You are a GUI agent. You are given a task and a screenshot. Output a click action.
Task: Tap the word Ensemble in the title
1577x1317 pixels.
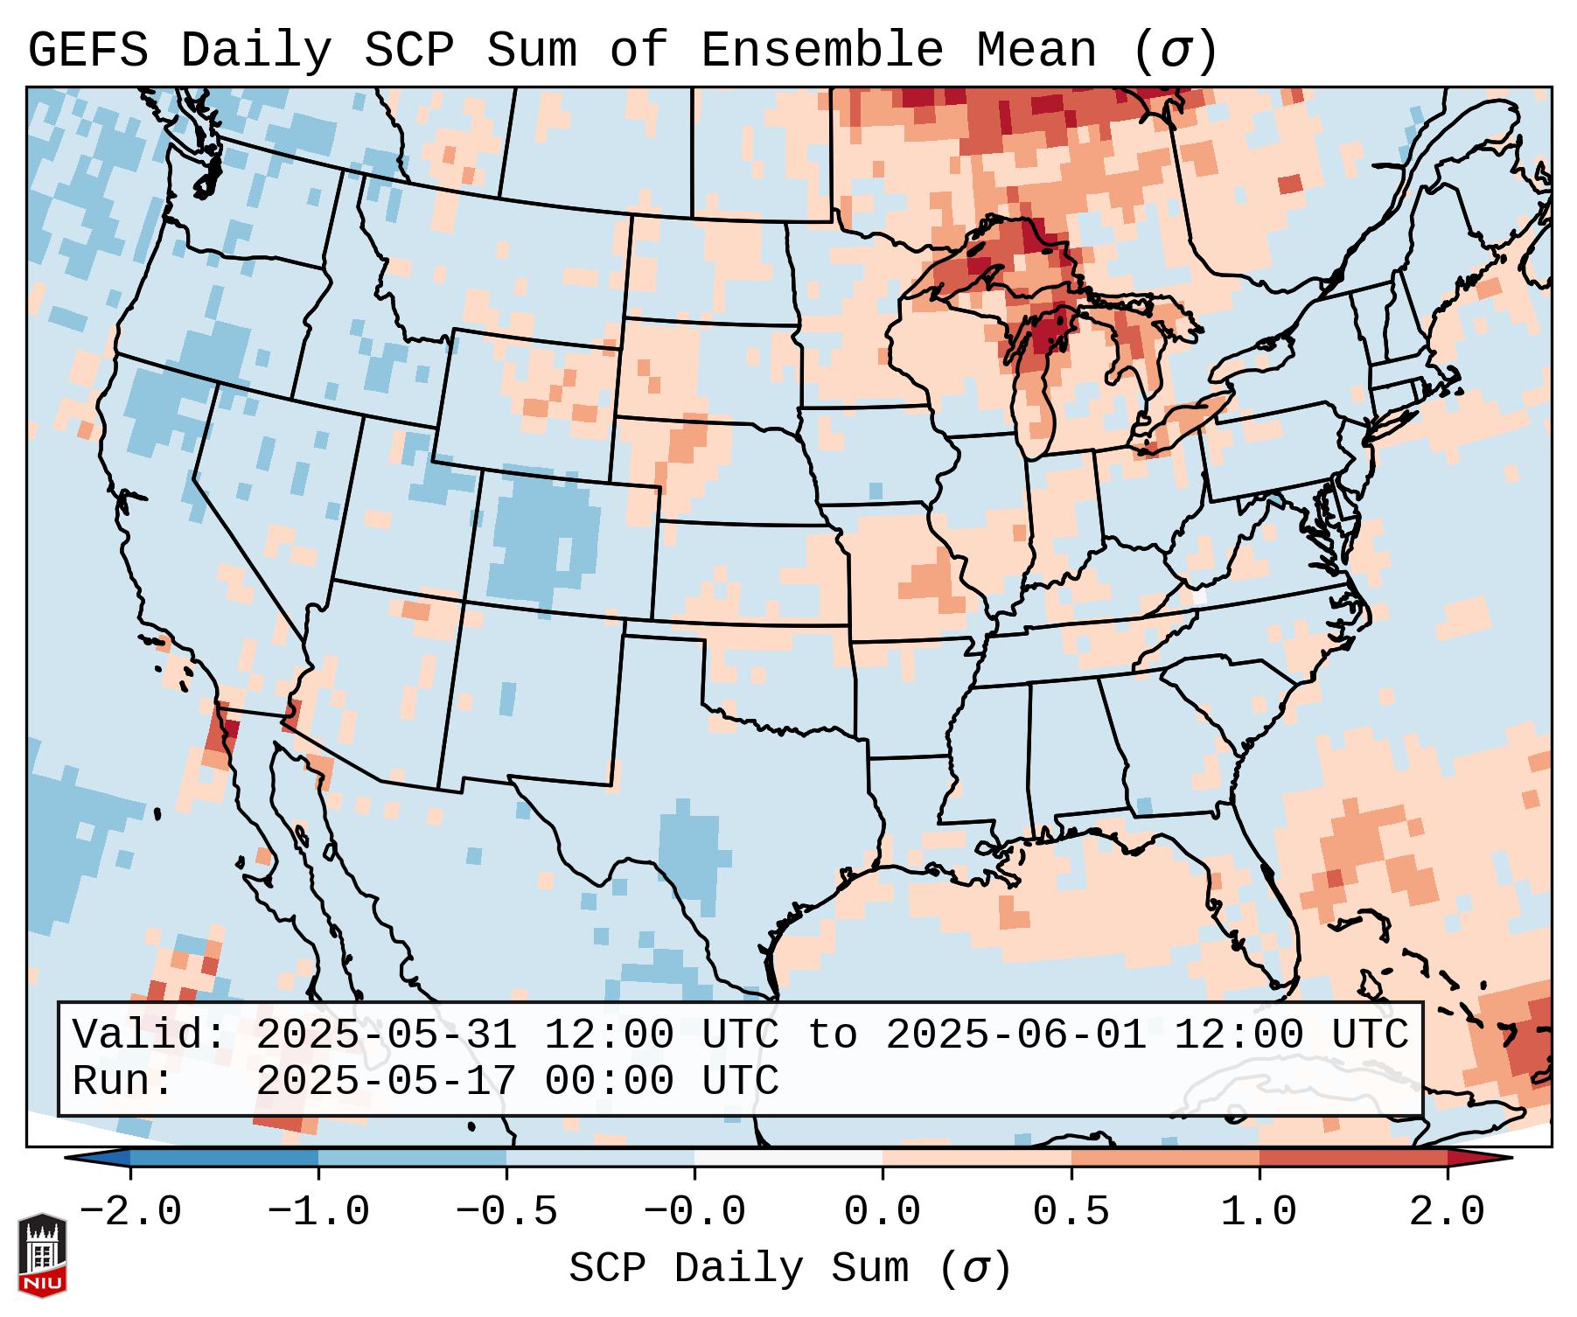[x=822, y=51]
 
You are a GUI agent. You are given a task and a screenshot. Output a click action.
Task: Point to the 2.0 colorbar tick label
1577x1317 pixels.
[x=1448, y=1212]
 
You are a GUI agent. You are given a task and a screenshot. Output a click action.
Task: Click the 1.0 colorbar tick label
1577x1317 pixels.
[x=1259, y=1212]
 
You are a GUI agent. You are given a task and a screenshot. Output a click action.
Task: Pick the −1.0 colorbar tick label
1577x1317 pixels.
[x=317, y=1212]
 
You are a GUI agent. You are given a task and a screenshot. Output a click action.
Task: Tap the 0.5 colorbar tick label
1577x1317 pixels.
[x=1071, y=1212]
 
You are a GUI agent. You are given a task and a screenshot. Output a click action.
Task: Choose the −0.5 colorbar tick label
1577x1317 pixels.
[x=506, y=1212]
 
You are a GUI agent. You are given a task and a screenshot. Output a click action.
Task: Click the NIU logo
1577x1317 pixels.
[x=42, y=1255]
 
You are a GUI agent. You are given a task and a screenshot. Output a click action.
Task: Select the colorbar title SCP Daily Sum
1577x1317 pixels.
[x=739, y=1269]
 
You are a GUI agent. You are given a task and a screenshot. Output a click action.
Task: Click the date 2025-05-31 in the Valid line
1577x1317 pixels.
[x=386, y=1035]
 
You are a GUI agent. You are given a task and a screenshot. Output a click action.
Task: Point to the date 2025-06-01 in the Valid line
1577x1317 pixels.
[x=1015, y=1035]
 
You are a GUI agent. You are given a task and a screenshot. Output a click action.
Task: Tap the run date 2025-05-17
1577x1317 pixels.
[x=386, y=1082]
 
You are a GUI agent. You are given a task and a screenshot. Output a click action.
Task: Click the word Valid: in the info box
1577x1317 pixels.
[x=150, y=1035]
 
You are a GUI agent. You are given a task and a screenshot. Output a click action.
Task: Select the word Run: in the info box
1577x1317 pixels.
[x=123, y=1082]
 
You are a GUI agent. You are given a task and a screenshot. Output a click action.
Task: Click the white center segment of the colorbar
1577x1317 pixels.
[x=788, y=1158]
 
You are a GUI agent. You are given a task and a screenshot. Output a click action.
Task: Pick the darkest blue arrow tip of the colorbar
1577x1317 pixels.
[x=83, y=1158]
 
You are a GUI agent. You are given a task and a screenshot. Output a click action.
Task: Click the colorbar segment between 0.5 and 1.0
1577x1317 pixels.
[x=1165, y=1158]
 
